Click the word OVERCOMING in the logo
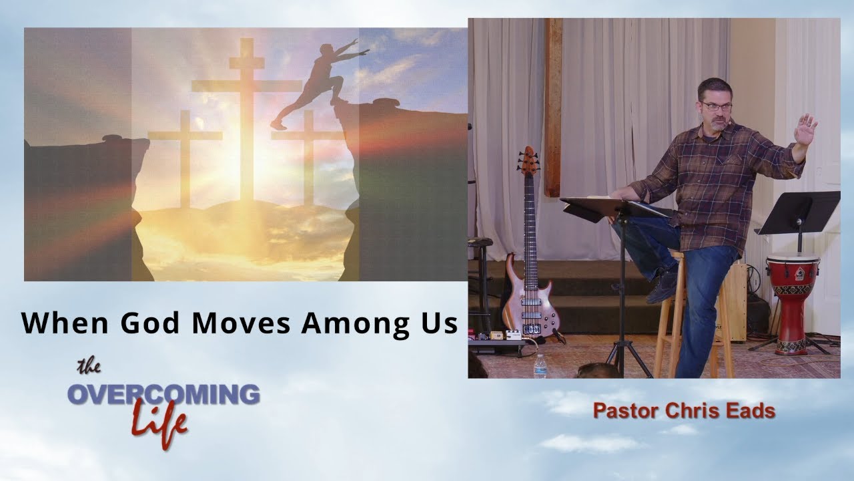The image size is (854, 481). pos(163,395)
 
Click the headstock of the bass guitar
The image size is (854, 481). pos(530,160)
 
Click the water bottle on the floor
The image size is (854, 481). pos(540,365)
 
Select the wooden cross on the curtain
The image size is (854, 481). pos(552,107)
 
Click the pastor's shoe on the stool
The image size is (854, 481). pos(661,286)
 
